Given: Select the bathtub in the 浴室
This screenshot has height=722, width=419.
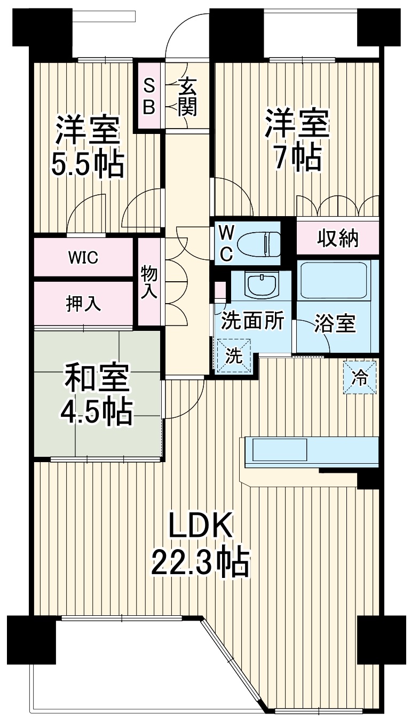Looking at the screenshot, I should pyautogui.click(x=333, y=280).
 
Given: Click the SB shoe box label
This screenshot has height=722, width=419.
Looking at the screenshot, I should pyautogui.click(x=149, y=96).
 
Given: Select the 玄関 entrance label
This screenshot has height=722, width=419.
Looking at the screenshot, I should pyautogui.click(x=187, y=96).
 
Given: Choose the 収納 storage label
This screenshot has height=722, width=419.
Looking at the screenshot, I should pyautogui.click(x=338, y=239).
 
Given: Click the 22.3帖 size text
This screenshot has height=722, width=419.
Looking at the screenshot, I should pyautogui.click(x=201, y=562).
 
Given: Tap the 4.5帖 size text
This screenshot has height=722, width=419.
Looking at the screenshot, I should pyautogui.click(x=97, y=410).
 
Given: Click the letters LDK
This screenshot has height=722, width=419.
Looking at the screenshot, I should pyautogui.click(x=201, y=526).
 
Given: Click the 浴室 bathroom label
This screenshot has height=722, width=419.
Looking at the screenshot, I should pyautogui.click(x=335, y=323).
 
